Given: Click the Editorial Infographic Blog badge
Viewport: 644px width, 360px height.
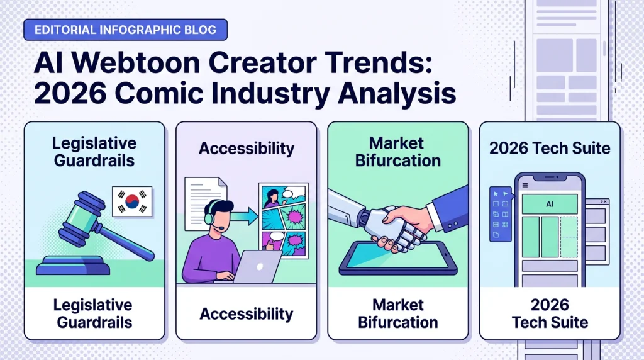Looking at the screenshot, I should pyautogui.click(x=125, y=30).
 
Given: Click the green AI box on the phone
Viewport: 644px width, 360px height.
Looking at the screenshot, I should pyautogui.click(x=549, y=203).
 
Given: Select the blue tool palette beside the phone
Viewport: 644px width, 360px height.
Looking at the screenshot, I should pyautogui.click(x=501, y=214).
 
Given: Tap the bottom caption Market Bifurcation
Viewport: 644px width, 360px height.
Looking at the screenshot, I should pyautogui.click(x=397, y=313).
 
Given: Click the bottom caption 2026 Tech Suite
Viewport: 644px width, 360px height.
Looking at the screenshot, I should pyautogui.click(x=549, y=313).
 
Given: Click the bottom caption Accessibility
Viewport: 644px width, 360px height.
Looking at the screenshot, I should pyautogui.click(x=247, y=313).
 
